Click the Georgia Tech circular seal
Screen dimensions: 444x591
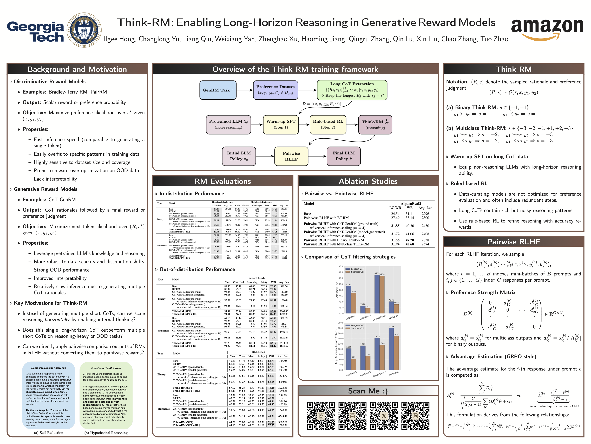pyautogui.click(x=84, y=30)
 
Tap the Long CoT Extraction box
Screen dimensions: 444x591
pyautogui.click(x=352, y=90)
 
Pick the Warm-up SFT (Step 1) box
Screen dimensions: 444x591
pyautogui.click(x=281, y=125)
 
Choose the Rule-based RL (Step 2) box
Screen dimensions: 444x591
pyautogui.click(x=328, y=125)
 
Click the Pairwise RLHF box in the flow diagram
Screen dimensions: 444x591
pyautogui.click(x=291, y=156)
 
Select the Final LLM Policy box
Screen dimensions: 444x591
pyautogui.click(x=344, y=156)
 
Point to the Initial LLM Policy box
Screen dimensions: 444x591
pyautogui.click(x=239, y=156)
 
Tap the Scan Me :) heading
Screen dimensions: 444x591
pyautogui.click(x=368, y=391)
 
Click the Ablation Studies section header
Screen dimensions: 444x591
pyautogui.click(x=368, y=181)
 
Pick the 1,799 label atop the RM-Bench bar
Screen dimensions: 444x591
pyautogui.click(x=391, y=326)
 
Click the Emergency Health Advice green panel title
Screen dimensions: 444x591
pyautogui.click(x=106, y=368)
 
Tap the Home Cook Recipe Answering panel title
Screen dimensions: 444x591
pyautogui.click(x=49, y=368)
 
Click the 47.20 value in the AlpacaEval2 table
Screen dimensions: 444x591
pyautogui.click(x=410, y=240)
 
